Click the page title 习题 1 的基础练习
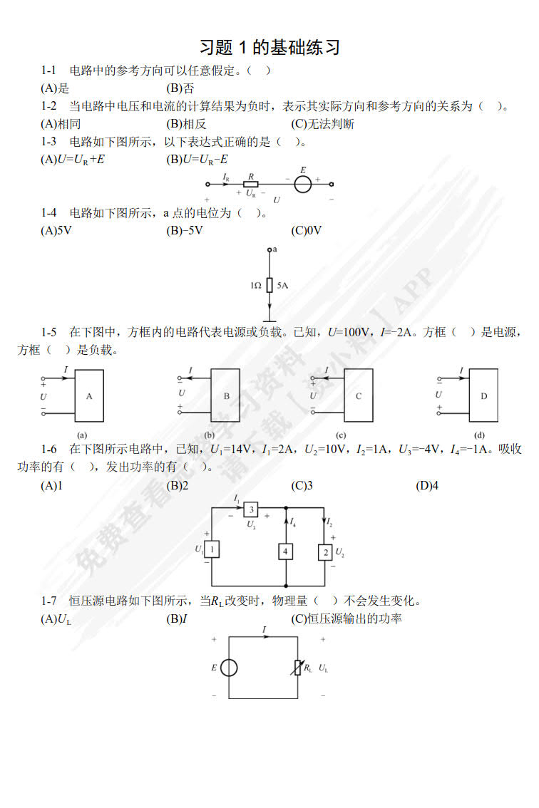click(x=269, y=48)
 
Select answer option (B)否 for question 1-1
click(x=180, y=88)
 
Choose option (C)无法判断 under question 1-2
click(x=322, y=124)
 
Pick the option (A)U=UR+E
click(x=73, y=160)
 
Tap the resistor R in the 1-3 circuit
click(x=251, y=184)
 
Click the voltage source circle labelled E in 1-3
click(x=303, y=184)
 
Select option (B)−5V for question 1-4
click(x=184, y=230)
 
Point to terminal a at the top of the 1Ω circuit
click(x=269, y=250)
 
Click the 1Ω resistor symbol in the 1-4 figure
click(x=269, y=285)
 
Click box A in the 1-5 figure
click(x=89, y=395)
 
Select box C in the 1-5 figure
click(x=359, y=395)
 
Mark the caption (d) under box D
click(x=479, y=435)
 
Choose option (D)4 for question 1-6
click(x=427, y=485)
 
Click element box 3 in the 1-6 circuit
click(x=251, y=509)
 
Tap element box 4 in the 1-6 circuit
click(x=286, y=551)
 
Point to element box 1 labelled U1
click(x=212, y=549)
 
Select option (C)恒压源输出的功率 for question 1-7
click(x=346, y=618)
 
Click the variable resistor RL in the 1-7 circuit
click(x=297, y=668)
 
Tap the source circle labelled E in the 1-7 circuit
click(x=229, y=668)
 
